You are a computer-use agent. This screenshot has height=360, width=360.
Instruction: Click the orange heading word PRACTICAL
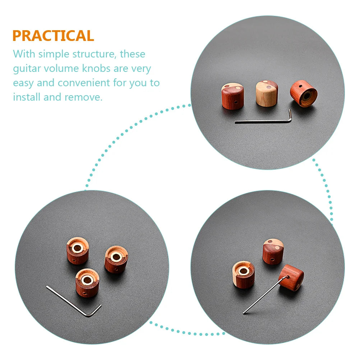coord(53,36)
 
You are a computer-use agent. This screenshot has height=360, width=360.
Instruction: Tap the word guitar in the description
coord(27,69)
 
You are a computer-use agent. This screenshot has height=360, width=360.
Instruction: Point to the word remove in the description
coord(83,97)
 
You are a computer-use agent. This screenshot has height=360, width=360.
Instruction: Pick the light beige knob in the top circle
coord(267,93)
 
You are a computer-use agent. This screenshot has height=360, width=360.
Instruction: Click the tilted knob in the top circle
coord(304,93)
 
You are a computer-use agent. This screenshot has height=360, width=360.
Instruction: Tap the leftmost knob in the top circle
coord(232,96)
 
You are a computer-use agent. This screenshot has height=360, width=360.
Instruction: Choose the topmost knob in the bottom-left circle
coord(78,250)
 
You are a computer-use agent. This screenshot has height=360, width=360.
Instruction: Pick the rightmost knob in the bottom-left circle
coord(116,259)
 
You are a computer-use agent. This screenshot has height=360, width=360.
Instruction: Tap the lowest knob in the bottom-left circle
coord(87,283)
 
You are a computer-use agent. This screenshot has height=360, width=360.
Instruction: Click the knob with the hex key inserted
coord(291,277)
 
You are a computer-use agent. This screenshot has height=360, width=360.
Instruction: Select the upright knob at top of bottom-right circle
coord(273,251)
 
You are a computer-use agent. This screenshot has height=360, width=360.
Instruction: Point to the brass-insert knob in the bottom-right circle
coord(243,274)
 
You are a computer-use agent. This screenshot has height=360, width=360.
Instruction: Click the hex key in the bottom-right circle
coord(266,295)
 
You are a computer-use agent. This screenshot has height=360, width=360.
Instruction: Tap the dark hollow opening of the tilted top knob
coord(306,96)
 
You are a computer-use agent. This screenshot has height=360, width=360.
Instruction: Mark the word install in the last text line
coord(27,97)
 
